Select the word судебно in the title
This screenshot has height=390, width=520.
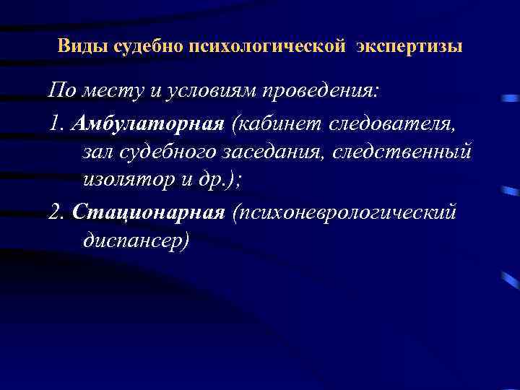140,47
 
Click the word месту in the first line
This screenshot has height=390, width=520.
107,92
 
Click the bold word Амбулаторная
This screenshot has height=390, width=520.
148,123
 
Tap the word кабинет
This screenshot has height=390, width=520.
279,123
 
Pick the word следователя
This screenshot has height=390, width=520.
392,123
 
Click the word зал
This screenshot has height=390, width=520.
97,152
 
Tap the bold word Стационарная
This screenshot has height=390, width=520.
150,212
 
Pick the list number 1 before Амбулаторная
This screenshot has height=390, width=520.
57,123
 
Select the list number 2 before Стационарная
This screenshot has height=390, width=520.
57,212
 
